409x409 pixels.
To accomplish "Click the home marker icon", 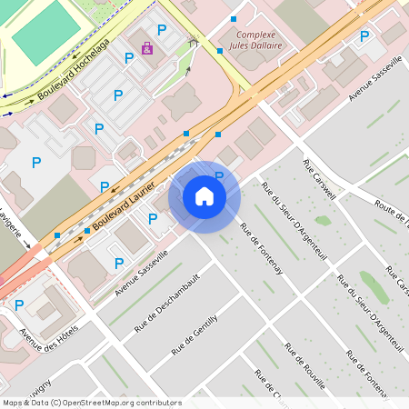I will click(x=204, y=196).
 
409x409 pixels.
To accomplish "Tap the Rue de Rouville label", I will click(x=304, y=364).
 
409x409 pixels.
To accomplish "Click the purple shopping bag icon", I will click(x=147, y=47).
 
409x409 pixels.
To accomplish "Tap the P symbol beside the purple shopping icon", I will click(x=162, y=30).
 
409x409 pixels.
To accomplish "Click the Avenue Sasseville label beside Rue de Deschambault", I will click(x=142, y=274).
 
